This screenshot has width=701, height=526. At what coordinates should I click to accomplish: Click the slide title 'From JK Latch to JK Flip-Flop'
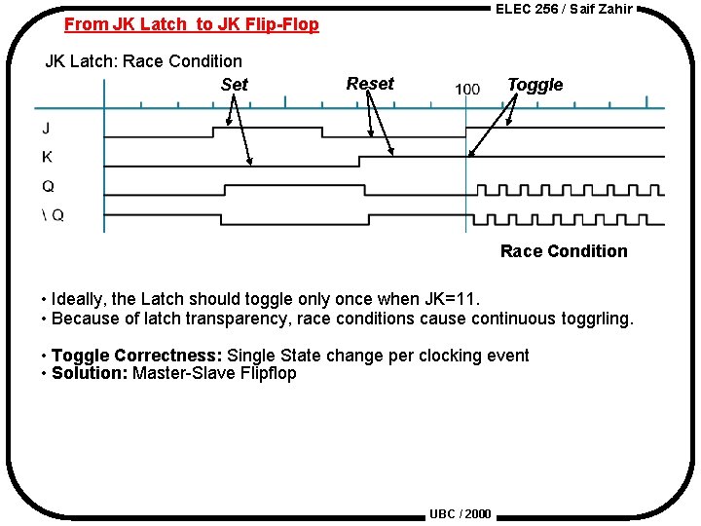192,24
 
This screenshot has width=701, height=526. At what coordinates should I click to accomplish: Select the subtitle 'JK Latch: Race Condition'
144,60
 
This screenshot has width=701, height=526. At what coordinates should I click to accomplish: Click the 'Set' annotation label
235,85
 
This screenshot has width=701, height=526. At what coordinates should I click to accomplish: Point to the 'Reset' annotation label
370,84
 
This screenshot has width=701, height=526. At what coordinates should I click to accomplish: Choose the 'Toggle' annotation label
535,85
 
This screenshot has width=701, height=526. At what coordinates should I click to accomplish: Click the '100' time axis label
467,89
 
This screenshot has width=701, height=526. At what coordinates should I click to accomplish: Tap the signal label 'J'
47,128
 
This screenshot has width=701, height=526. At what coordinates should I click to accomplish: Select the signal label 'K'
48,157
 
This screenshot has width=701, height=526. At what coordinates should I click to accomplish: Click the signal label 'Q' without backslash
48,186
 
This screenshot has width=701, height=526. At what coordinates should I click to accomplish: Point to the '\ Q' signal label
53,215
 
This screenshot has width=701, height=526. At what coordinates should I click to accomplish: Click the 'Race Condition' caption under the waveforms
564,251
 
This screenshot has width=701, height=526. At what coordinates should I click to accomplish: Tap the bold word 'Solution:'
90,373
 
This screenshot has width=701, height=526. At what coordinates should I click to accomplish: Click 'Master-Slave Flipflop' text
214,373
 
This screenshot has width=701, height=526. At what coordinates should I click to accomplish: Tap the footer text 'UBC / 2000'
460,513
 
